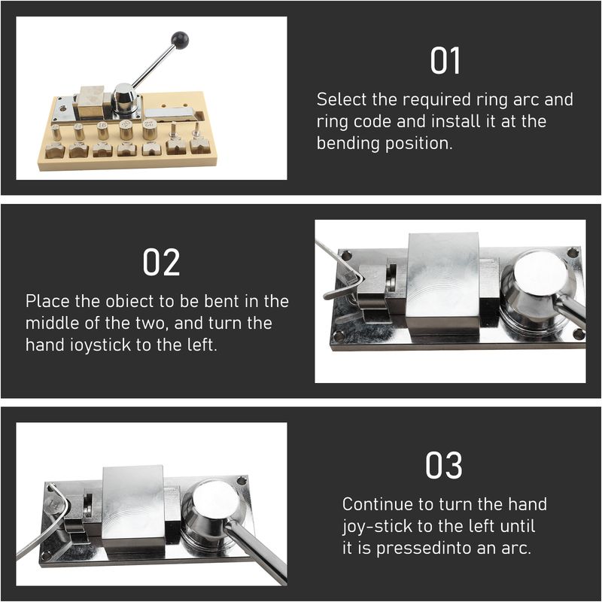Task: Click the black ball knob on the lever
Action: coord(180,40)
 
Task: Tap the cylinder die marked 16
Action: coord(102,131)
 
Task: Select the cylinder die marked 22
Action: coord(149,129)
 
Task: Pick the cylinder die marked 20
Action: coord(126,129)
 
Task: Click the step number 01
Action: coord(445,61)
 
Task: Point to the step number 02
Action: coord(161,262)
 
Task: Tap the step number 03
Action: coord(444,465)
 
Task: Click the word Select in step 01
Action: coord(342,99)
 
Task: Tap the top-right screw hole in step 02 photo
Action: coord(573,253)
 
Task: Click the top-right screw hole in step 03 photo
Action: coord(241,481)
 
